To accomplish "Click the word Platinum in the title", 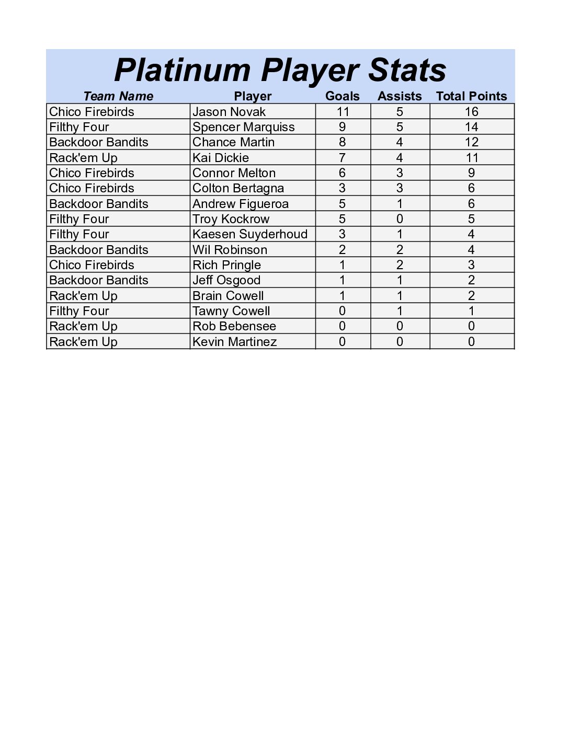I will click(x=182, y=70).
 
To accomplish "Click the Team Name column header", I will click(x=118, y=96).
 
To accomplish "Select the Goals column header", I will click(x=343, y=96).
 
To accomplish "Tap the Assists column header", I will click(x=400, y=96).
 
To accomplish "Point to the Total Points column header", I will click(x=471, y=96).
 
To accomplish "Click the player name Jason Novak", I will click(x=229, y=112).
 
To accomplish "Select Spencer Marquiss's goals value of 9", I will click(x=343, y=127).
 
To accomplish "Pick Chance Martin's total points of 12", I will click(x=471, y=142).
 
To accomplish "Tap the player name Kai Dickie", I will click(x=221, y=158).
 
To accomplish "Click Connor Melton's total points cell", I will click(x=471, y=173).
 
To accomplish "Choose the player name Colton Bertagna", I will click(x=238, y=188).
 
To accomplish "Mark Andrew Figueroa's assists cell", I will click(x=400, y=204).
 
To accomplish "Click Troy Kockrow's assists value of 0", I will click(x=400, y=219).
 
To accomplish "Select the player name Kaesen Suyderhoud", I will click(x=249, y=234).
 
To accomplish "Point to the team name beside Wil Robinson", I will click(x=99, y=250).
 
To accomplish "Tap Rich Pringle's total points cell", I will click(x=471, y=265).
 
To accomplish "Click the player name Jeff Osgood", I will click(x=226, y=280).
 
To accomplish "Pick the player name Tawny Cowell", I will click(x=231, y=311).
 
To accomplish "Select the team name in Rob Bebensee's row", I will click(x=83, y=326).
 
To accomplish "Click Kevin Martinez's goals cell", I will click(x=343, y=342).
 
